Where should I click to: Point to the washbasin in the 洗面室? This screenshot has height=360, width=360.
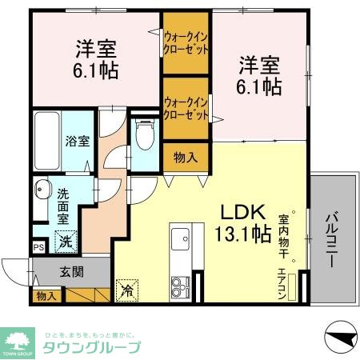[41, 191]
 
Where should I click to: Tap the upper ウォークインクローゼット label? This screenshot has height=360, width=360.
[186, 42]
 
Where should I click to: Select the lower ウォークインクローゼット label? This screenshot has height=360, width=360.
[186, 108]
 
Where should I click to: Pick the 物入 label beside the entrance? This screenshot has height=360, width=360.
[46, 296]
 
